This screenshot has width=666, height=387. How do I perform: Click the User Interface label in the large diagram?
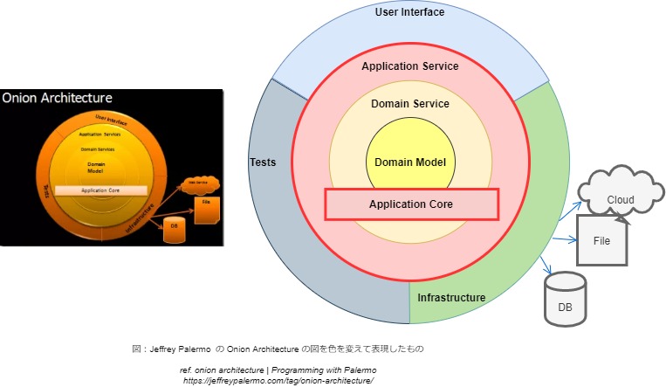tap(409, 12)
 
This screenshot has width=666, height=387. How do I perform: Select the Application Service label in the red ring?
tap(409, 66)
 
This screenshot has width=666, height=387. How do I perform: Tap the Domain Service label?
tap(410, 104)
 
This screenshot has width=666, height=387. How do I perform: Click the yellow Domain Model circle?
tap(410, 162)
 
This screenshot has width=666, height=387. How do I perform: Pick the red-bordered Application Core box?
tap(411, 204)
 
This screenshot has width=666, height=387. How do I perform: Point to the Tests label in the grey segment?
tap(263, 162)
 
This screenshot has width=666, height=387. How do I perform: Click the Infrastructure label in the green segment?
tap(451, 298)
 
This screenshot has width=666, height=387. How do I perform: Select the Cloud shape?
tap(621, 200)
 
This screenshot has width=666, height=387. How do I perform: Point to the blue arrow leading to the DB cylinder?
tap(547, 264)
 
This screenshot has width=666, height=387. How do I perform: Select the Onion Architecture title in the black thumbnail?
tap(58, 98)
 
